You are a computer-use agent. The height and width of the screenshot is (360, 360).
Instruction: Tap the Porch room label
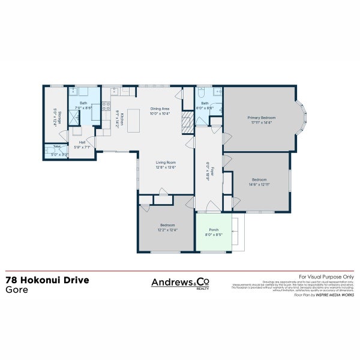tap(214, 230)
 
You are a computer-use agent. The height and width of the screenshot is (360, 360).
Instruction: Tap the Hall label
tap(81, 143)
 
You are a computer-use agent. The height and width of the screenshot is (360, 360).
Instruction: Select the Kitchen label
tap(122, 119)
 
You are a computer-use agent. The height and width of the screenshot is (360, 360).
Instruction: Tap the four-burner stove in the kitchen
tap(106, 108)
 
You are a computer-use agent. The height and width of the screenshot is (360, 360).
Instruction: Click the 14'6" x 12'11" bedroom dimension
tap(259, 184)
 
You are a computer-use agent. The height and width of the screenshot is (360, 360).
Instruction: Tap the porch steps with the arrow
tap(238, 234)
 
